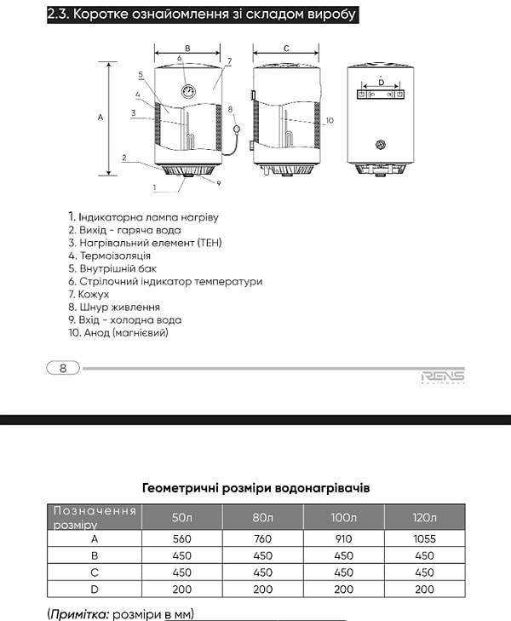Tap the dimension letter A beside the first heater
[100, 118]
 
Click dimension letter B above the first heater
[187, 49]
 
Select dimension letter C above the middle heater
[285, 49]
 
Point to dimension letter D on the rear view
[381, 82]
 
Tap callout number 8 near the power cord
[230, 109]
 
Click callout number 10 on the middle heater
[330, 120]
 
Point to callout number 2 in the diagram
[123, 158]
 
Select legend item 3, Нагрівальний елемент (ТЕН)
[145, 243]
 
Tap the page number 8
[63, 368]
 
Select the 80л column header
[261, 517]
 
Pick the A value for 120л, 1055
[424, 538]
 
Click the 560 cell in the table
[182, 538]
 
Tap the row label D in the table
[94, 589]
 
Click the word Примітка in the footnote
[79, 613]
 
